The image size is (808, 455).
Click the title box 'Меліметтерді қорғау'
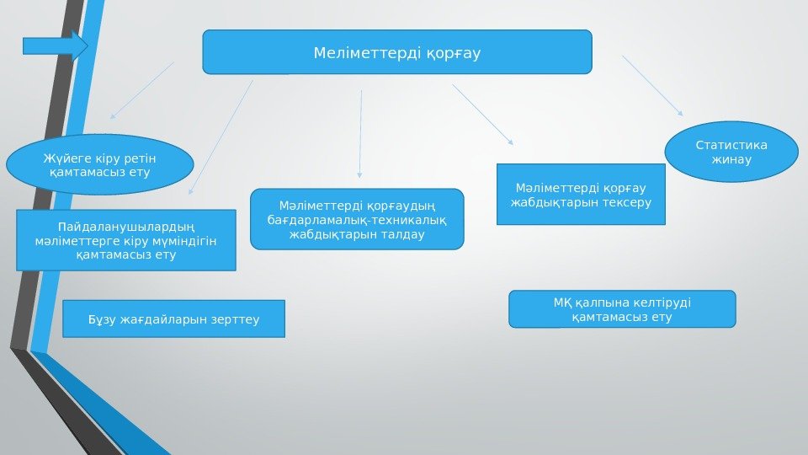(x=397, y=52)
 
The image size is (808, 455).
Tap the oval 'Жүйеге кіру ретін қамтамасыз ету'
(x=99, y=165)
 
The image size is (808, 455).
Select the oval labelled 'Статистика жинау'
(x=731, y=152)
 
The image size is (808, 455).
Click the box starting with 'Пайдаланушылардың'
(x=126, y=239)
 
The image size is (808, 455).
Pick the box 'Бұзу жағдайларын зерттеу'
(x=174, y=318)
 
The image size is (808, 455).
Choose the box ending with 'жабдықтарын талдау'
(x=357, y=219)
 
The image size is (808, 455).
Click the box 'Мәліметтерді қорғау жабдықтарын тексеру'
(x=581, y=195)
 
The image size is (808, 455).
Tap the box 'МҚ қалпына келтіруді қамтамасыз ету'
(x=622, y=308)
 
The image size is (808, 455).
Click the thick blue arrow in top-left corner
(x=56, y=45)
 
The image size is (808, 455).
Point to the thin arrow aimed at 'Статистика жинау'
(x=652, y=86)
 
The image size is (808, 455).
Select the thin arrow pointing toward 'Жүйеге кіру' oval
(x=141, y=90)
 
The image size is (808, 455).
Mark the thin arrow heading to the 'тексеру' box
(x=482, y=115)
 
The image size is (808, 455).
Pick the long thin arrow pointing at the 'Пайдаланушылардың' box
(x=221, y=137)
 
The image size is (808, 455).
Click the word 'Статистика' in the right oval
(x=731, y=144)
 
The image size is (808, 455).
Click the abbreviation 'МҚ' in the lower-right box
(x=562, y=302)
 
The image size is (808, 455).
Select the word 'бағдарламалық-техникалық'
(x=357, y=220)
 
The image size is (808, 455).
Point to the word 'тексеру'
(x=627, y=203)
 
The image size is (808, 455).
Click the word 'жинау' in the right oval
(x=731, y=160)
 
